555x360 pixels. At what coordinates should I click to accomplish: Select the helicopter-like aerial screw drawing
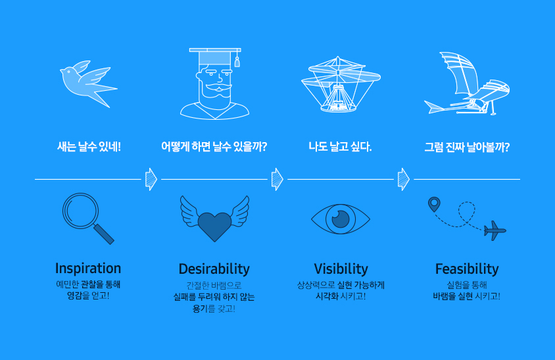pos(341,84)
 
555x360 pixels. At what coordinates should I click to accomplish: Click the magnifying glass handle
pos(104,234)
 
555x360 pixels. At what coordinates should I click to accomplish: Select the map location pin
pos(434,204)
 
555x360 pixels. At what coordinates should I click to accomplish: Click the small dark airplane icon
pos(495,230)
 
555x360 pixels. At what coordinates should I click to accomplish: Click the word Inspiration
pos(88,269)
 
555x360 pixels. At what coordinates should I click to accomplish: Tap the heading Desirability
pos(214,269)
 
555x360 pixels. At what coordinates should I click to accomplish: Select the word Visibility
pos(341,269)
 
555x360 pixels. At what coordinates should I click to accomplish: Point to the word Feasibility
pos(467,269)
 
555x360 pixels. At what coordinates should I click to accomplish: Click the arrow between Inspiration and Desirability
pos(151,179)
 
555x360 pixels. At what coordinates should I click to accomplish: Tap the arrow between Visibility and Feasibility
pos(404,179)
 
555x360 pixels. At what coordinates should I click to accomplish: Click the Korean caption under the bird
pos(89,146)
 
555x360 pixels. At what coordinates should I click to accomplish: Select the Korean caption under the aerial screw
pos(340,146)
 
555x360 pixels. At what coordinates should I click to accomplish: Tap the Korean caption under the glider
pos(467,147)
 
